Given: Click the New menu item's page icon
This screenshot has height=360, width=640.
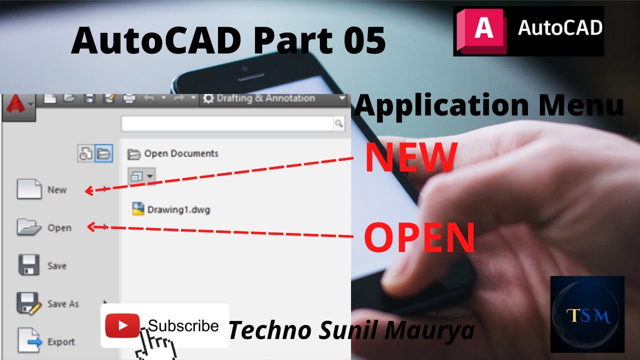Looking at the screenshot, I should click(x=29, y=189).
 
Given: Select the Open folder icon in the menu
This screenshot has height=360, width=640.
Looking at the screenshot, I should click(x=29, y=227).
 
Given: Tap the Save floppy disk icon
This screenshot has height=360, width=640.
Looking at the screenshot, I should click(x=29, y=265).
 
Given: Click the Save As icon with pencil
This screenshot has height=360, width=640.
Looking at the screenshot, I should click(x=29, y=303).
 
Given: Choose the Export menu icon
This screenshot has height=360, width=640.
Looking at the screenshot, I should click(x=29, y=341).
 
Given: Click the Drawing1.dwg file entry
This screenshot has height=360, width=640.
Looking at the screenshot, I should click(x=171, y=209).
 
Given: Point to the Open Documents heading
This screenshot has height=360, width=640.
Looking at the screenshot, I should click(x=181, y=153).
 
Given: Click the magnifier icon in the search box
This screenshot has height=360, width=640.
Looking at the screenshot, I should click(x=339, y=123).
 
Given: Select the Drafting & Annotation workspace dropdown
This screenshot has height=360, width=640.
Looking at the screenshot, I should click(x=272, y=98).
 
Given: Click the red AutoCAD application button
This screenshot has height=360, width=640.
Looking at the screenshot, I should click(x=18, y=105).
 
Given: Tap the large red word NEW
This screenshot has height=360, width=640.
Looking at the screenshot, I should click(x=411, y=157).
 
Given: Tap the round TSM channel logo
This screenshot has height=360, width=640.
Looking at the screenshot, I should click(x=587, y=314).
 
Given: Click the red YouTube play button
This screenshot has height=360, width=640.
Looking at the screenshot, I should click(x=122, y=325).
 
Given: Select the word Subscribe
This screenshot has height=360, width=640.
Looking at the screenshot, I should click(x=183, y=326).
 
